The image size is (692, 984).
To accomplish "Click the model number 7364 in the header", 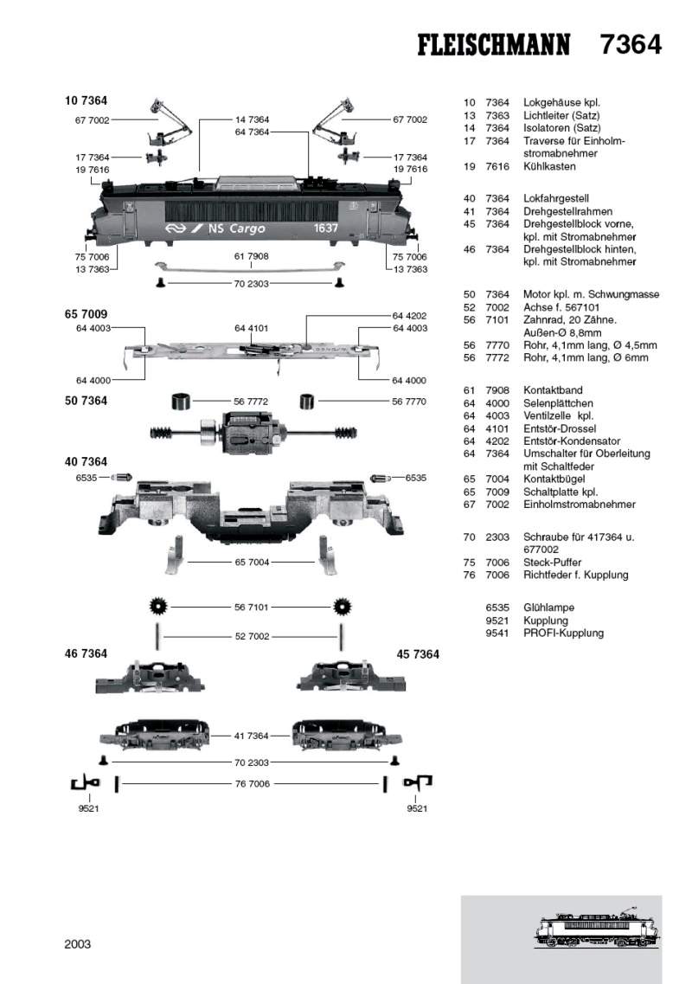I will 631,45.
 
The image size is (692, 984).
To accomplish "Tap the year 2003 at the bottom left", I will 78,944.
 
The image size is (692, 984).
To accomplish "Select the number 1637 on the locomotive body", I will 326,228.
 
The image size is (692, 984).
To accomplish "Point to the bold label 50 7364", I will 86,401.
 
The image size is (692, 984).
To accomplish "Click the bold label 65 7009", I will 86,313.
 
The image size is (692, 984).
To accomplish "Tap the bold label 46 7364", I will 86,654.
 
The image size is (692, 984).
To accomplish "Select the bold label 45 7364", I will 418,654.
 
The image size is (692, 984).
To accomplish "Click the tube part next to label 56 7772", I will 180,402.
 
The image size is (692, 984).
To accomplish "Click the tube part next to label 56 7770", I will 306,402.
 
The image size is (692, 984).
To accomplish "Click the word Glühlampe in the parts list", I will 548,608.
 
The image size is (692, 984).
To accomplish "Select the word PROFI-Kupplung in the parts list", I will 563,633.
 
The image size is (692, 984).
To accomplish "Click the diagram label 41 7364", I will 251,736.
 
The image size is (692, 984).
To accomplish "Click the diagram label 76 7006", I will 251,783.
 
